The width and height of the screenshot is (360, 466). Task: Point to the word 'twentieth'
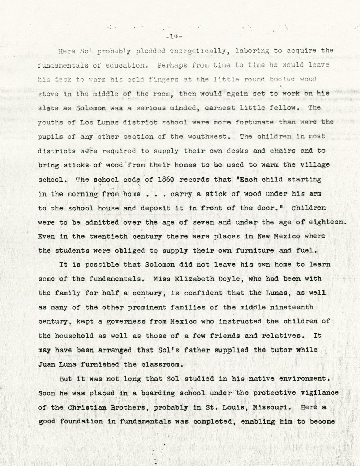pyautogui.click(x=109, y=236)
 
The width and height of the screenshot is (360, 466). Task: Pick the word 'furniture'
pyautogui.click(x=255, y=251)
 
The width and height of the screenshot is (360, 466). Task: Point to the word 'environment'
pyautogui.click(x=303, y=379)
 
